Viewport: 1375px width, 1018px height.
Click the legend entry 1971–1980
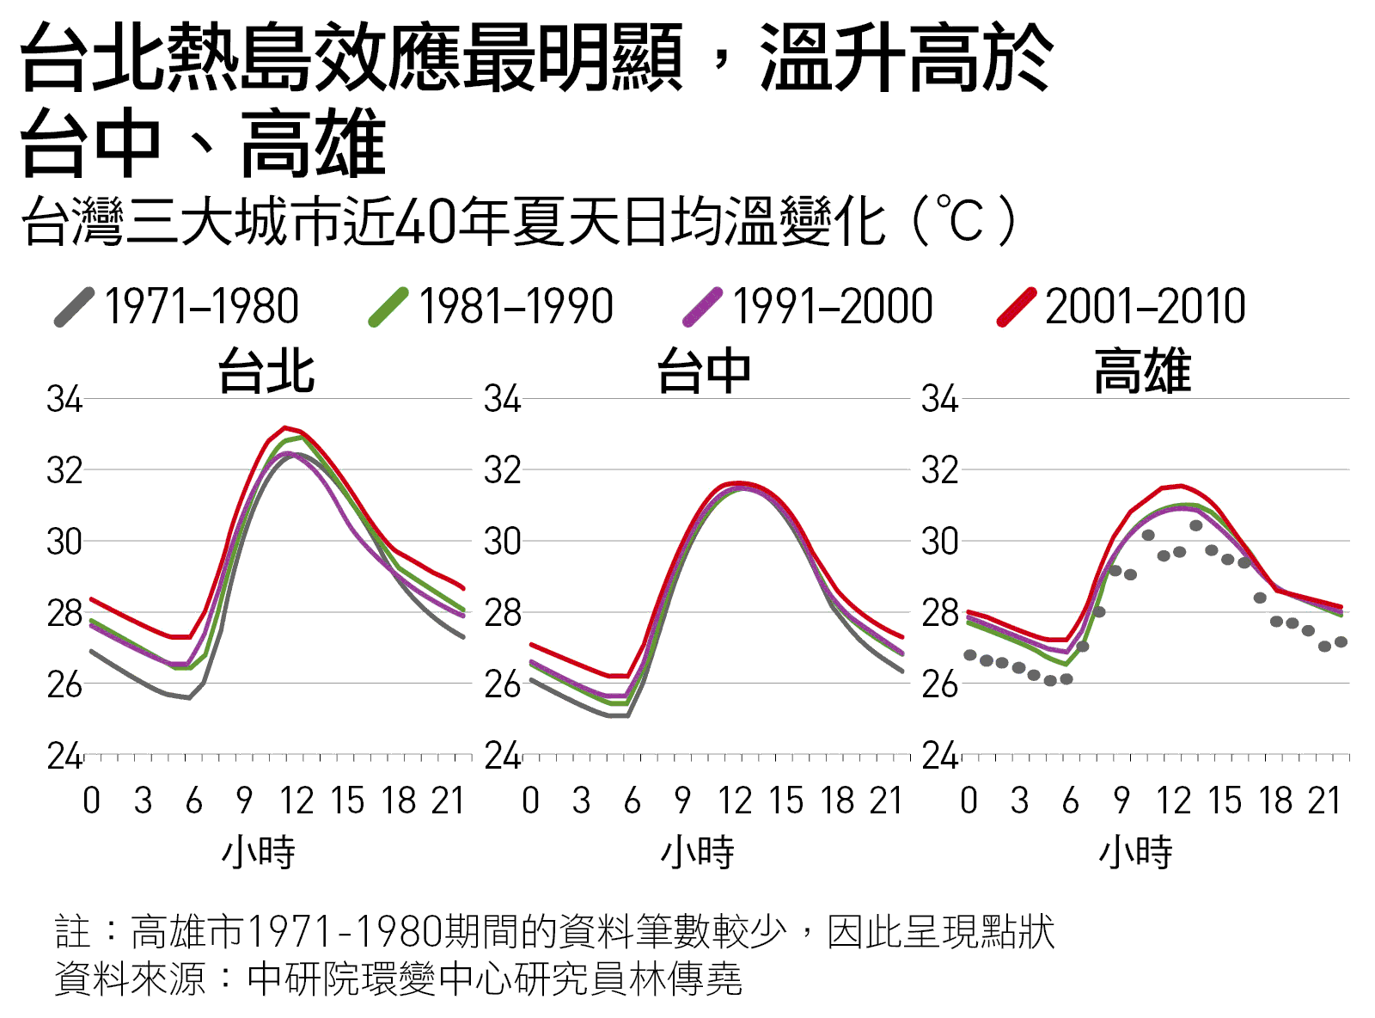coord(176,306)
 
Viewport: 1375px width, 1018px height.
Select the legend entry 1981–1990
coord(491,306)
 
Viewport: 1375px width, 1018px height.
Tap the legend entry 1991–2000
coord(807,306)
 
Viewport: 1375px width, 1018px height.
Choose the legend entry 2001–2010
coord(1121,306)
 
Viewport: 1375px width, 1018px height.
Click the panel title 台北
coord(266,371)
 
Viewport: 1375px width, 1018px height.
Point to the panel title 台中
coord(704,371)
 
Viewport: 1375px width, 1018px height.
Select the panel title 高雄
coord(1142,371)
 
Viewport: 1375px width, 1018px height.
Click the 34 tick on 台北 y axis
coord(64,399)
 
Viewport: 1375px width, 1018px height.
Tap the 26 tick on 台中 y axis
coord(503,684)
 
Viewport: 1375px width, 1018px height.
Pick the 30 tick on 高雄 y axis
coord(940,542)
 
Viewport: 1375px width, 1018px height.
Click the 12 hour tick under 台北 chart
coord(297,800)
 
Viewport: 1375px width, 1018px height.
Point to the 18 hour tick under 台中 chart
coord(838,800)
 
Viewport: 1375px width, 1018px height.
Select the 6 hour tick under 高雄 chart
coord(1070,800)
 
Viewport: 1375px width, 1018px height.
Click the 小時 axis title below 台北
coord(259,852)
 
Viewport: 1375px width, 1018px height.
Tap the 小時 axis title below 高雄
coord(1135,852)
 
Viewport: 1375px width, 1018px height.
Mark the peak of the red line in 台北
coord(284,427)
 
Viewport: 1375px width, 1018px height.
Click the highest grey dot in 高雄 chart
coord(1196,525)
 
